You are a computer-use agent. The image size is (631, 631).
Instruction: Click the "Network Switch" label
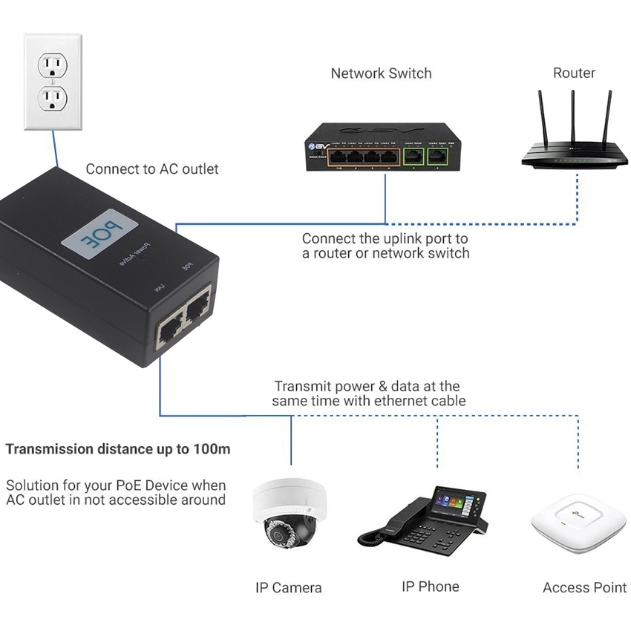[381, 73]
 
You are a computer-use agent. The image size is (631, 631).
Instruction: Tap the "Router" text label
[574, 73]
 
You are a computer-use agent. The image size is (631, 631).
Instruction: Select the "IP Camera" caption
[288, 588]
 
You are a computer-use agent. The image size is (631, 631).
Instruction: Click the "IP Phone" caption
[430, 586]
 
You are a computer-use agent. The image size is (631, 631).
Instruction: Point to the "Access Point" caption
[584, 588]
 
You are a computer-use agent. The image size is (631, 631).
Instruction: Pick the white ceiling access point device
[573, 523]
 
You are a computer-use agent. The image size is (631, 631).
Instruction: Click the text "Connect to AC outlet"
[152, 169]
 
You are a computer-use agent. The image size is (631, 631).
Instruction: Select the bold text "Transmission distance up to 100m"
[117, 449]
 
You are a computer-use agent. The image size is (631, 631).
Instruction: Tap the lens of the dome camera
[279, 536]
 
